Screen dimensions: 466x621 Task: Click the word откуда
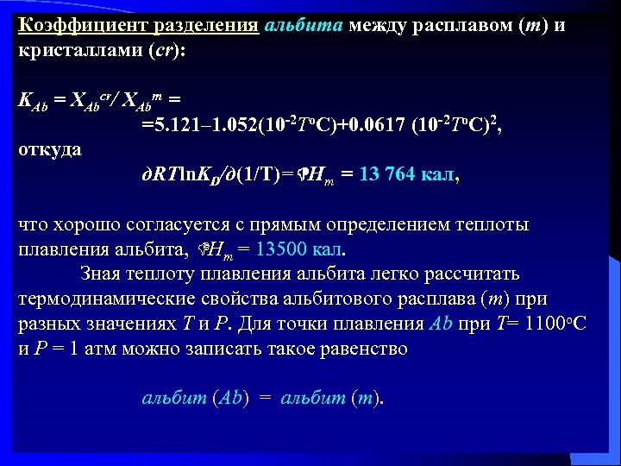pos(50,148)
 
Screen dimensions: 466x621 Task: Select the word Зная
pos(103,274)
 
